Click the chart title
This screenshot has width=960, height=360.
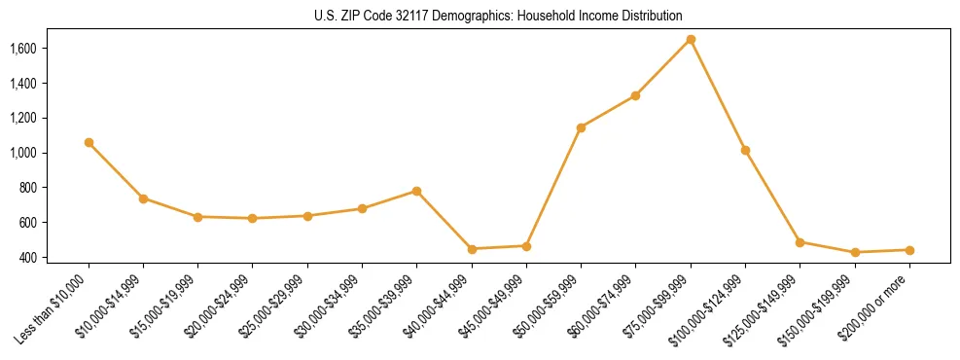point(498,17)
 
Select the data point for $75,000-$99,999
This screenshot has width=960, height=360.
point(691,39)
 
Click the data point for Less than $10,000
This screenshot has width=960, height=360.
point(89,142)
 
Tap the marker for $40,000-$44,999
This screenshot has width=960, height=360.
point(472,249)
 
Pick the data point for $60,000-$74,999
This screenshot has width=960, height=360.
point(635,95)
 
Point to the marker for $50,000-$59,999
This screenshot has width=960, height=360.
point(581,127)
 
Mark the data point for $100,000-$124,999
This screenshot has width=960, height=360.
point(745,150)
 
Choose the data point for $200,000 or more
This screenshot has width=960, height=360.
point(909,250)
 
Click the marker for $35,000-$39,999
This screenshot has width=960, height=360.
point(416,191)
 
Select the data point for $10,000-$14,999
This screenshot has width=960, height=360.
point(143,198)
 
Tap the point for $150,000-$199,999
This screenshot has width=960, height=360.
point(855,252)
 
